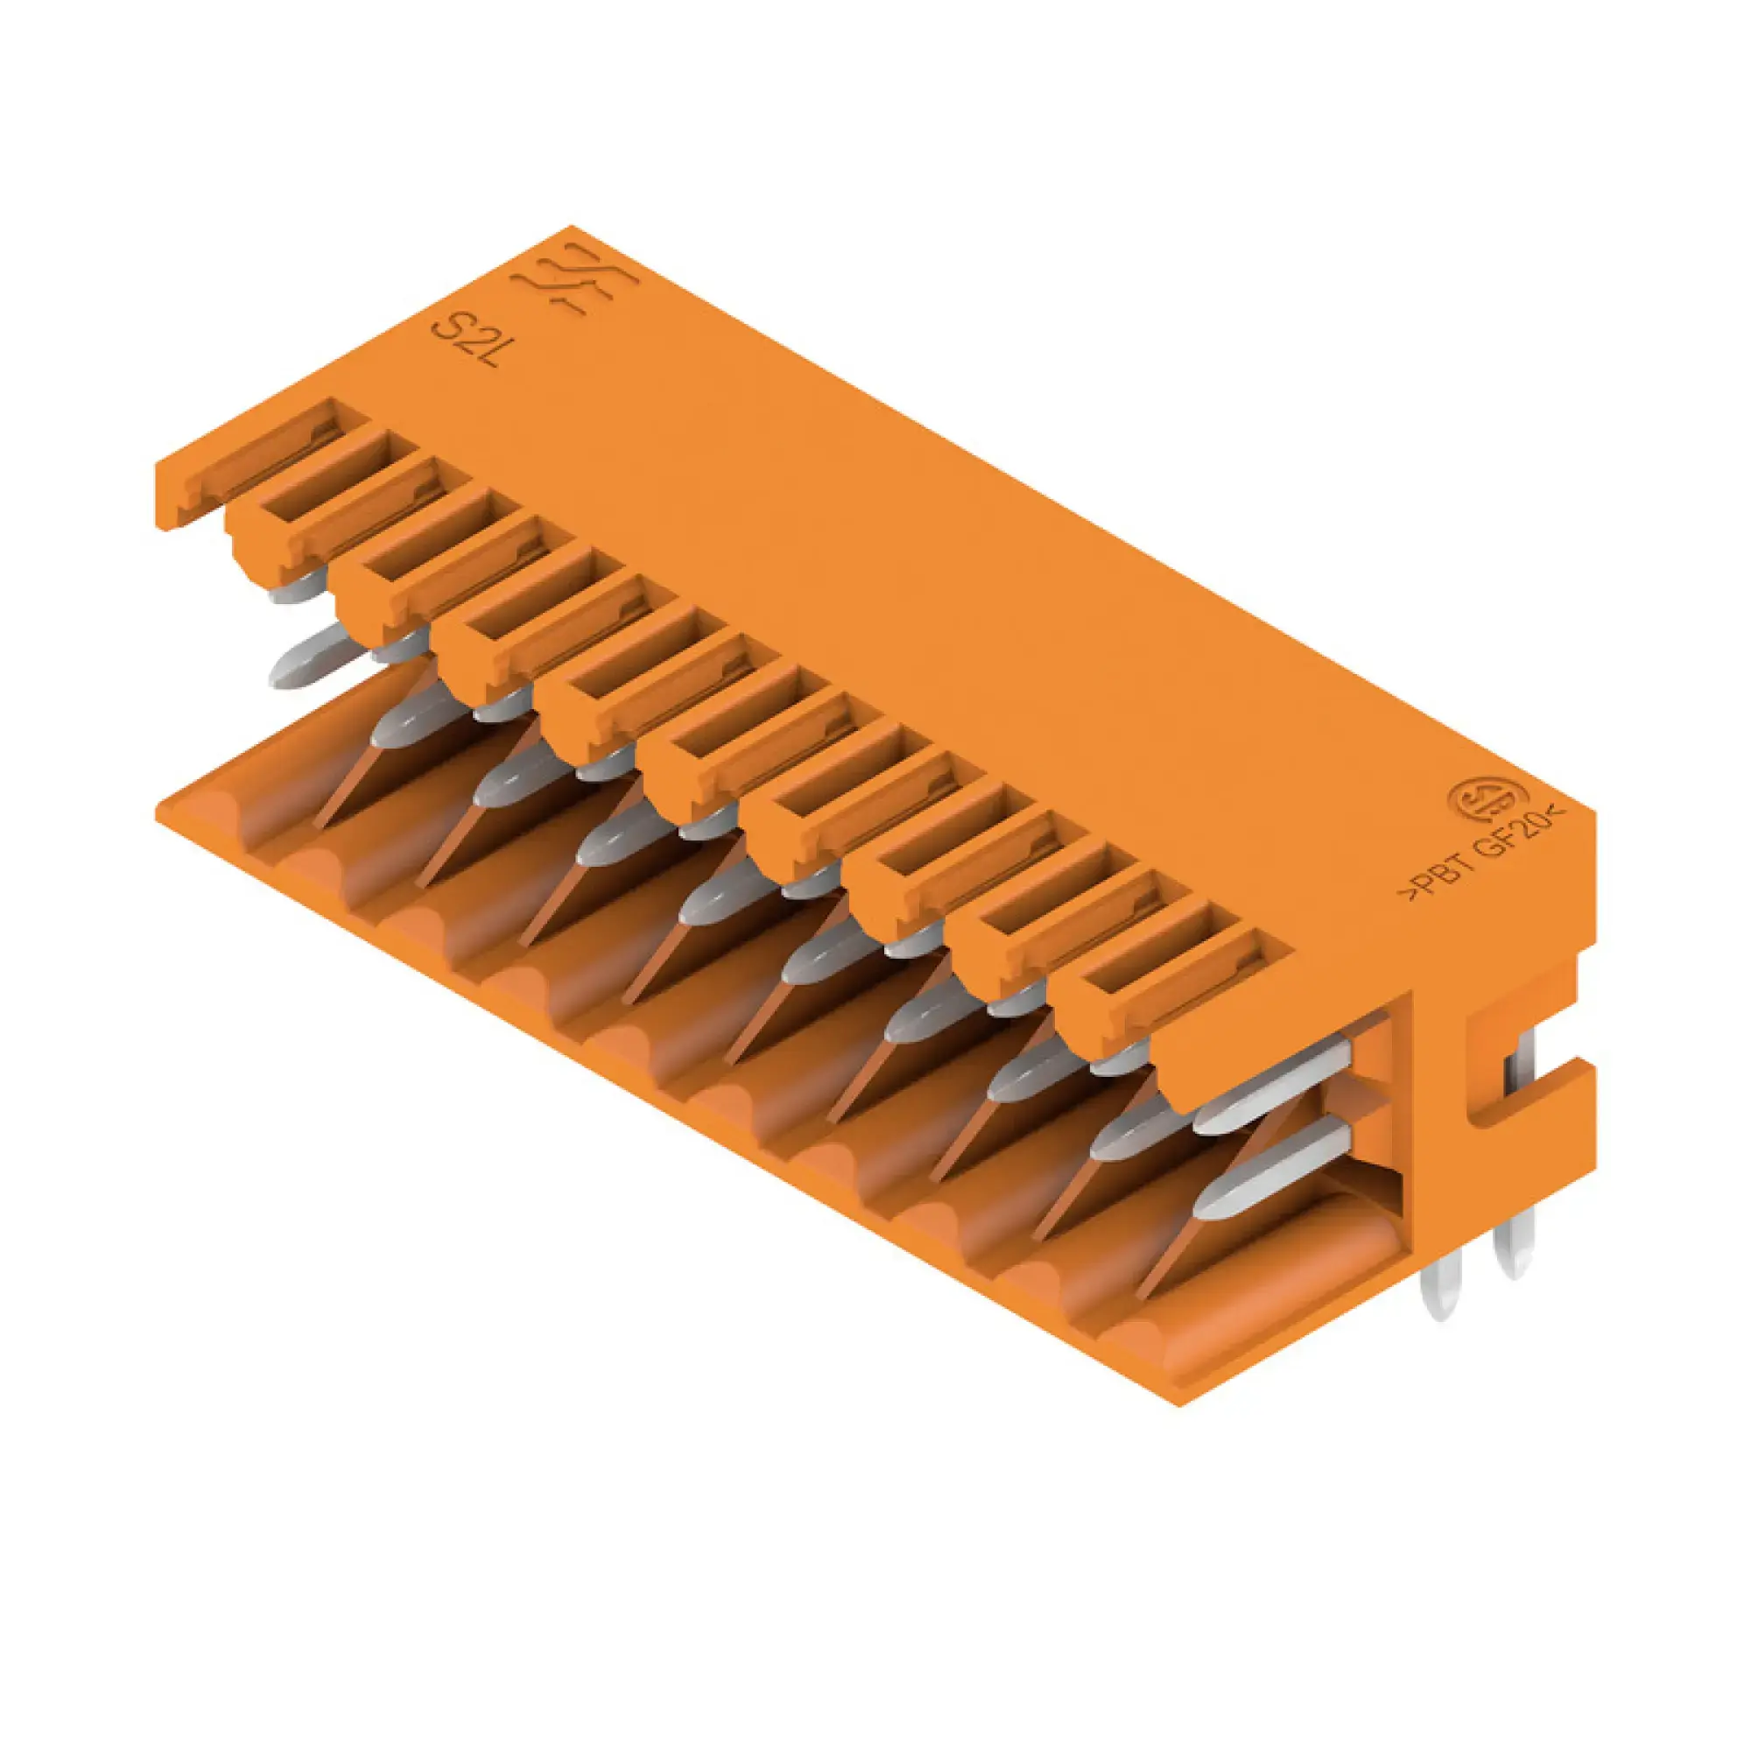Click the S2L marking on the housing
[466, 342]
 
